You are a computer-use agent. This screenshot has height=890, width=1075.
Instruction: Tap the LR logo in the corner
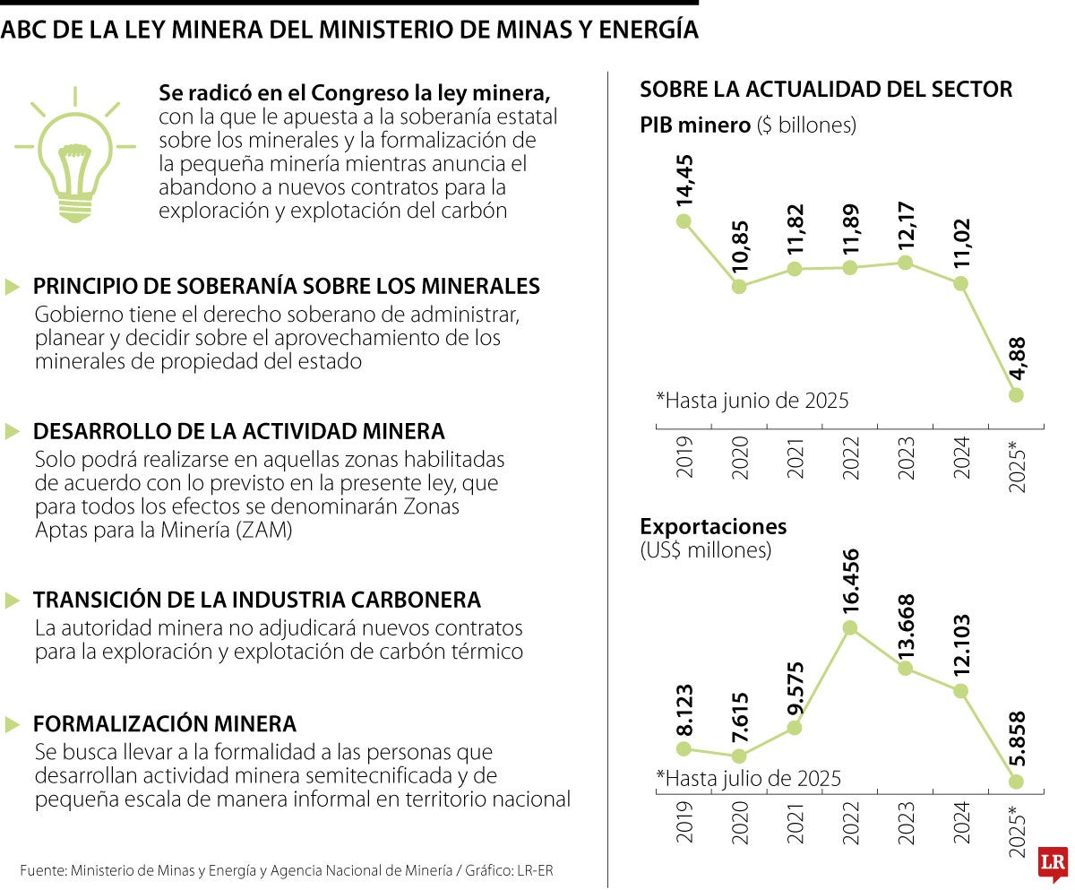(1052, 864)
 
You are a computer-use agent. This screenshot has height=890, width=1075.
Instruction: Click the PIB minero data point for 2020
(739, 287)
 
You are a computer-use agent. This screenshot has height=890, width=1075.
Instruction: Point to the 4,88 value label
(1016, 360)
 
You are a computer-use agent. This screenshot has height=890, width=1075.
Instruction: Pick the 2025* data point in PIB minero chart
(1016, 394)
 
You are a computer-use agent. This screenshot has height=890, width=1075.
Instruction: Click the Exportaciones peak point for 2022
(850, 627)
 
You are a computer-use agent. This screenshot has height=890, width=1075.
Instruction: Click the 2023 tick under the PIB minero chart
(906, 458)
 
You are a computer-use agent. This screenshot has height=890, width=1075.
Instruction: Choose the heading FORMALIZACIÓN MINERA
(165, 723)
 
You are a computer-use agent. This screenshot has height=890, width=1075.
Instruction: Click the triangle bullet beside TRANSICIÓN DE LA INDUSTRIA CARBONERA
(13, 600)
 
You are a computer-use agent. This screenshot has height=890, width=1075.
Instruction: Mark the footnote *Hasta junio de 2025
(752, 400)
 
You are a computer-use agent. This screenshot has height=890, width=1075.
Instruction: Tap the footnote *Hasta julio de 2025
(748, 778)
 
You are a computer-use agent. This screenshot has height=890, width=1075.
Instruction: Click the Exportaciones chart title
(713, 526)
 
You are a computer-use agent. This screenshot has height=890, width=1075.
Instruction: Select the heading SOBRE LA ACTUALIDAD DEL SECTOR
(826, 90)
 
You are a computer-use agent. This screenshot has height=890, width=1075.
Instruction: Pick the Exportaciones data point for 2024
(961, 691)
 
